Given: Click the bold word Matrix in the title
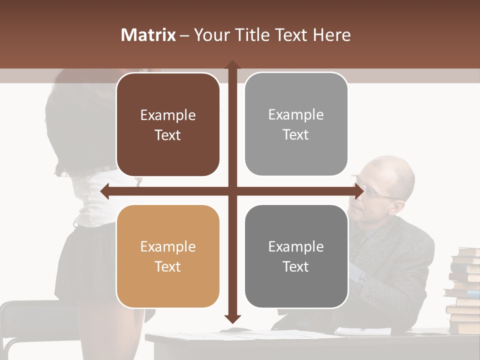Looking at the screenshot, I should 148,34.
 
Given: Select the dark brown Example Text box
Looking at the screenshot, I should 168,125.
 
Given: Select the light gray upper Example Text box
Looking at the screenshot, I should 296,124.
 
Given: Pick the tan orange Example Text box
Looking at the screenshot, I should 168,256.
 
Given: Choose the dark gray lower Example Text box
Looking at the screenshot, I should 296,256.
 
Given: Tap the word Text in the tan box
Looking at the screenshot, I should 168,266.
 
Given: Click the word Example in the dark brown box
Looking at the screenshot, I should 168,115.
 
